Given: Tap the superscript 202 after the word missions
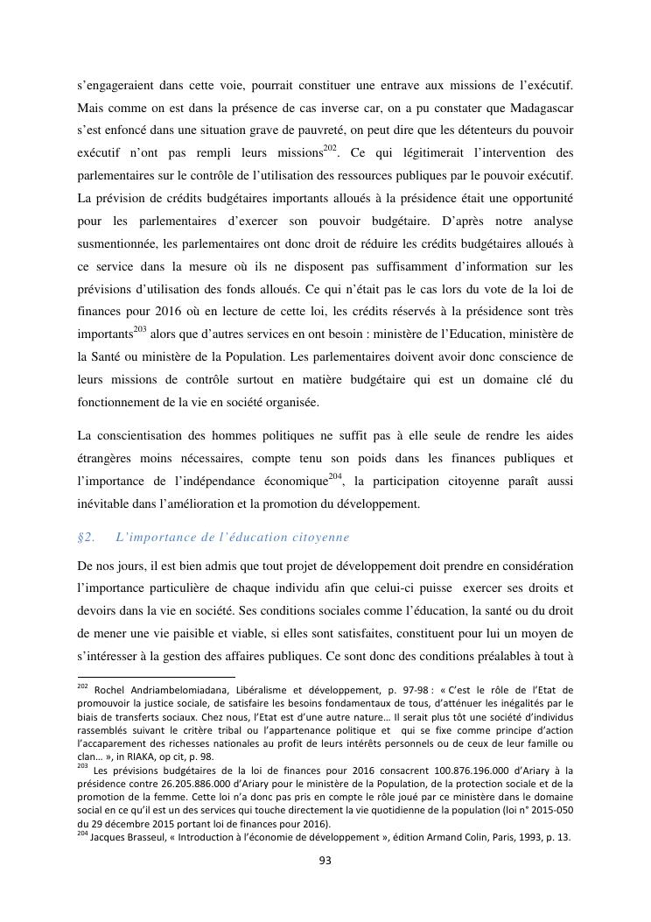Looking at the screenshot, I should pyautogui.click(x=330, y=146).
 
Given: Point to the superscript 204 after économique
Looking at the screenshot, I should pyautogui.click(x=335, y=475).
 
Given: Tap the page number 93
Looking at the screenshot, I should pyautogui.click(x=325, y=861).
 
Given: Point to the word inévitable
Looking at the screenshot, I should pyautogui.click(x=107, y=503).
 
